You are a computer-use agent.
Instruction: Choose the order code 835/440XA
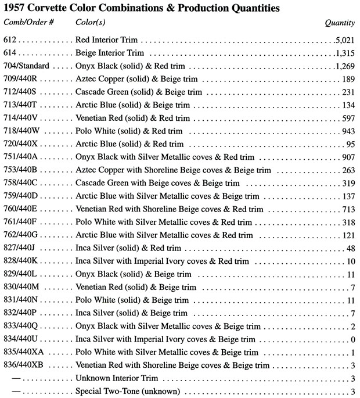tap(23, 352)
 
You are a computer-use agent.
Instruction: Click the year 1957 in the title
tap(16, 8)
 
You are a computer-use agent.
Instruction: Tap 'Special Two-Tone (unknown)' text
tap(128, 391)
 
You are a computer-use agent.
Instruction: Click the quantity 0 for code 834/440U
tap(352, 339)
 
